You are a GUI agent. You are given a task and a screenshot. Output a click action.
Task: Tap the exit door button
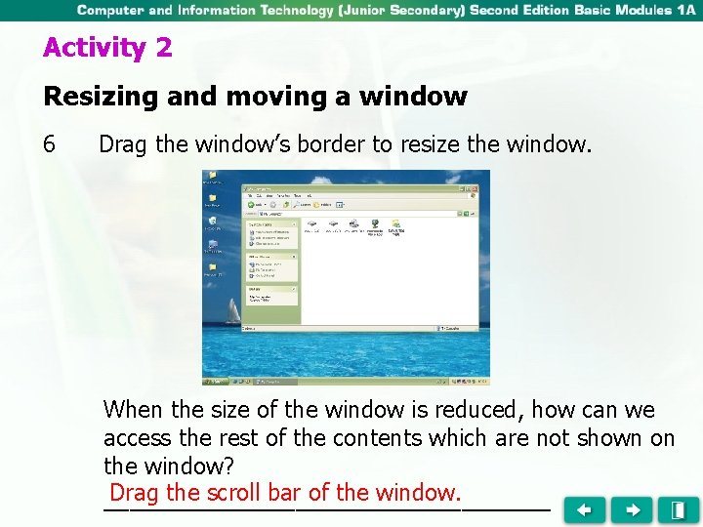point(678,509)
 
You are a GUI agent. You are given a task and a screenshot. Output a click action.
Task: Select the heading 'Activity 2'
point(107,48)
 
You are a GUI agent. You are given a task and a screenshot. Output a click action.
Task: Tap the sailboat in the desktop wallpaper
point(232,312)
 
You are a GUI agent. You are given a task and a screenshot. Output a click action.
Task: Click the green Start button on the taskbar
point(211,381)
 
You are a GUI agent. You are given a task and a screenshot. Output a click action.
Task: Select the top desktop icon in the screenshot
point(212,179)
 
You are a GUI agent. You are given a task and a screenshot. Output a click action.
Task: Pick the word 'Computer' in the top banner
point(111,11)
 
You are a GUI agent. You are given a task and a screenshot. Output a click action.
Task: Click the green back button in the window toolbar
point(252,205)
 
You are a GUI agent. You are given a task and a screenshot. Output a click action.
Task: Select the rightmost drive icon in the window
point(396,226)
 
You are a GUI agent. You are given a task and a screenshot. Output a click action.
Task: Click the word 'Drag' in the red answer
point(135,492)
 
